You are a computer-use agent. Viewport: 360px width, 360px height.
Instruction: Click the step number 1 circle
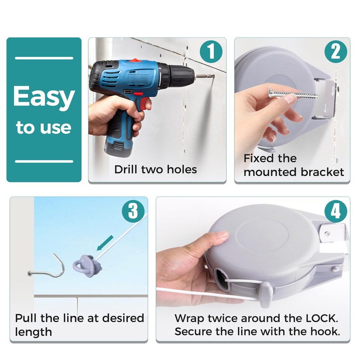tap(211, 51)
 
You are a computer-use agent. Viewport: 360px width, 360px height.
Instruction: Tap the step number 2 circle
tap(336, 51)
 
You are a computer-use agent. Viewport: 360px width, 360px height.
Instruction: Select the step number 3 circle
tap(133, 211)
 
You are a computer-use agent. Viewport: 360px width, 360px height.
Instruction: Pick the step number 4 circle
tap(336, 211)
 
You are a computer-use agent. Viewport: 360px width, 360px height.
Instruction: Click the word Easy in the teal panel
tap(44, 97)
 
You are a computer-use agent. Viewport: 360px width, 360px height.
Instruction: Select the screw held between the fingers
tap(293, 94)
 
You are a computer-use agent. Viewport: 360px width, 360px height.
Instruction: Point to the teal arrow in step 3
tap(105, 243)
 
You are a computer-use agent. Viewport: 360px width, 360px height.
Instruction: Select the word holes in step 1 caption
tap(182, 170)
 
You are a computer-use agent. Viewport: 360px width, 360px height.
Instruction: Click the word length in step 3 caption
tap(33, 332)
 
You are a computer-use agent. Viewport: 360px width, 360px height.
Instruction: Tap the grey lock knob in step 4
tap(266, 294)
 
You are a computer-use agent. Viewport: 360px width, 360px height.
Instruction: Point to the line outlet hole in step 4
tap(221, 279)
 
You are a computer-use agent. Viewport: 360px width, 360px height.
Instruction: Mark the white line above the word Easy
tap(44, 58)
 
